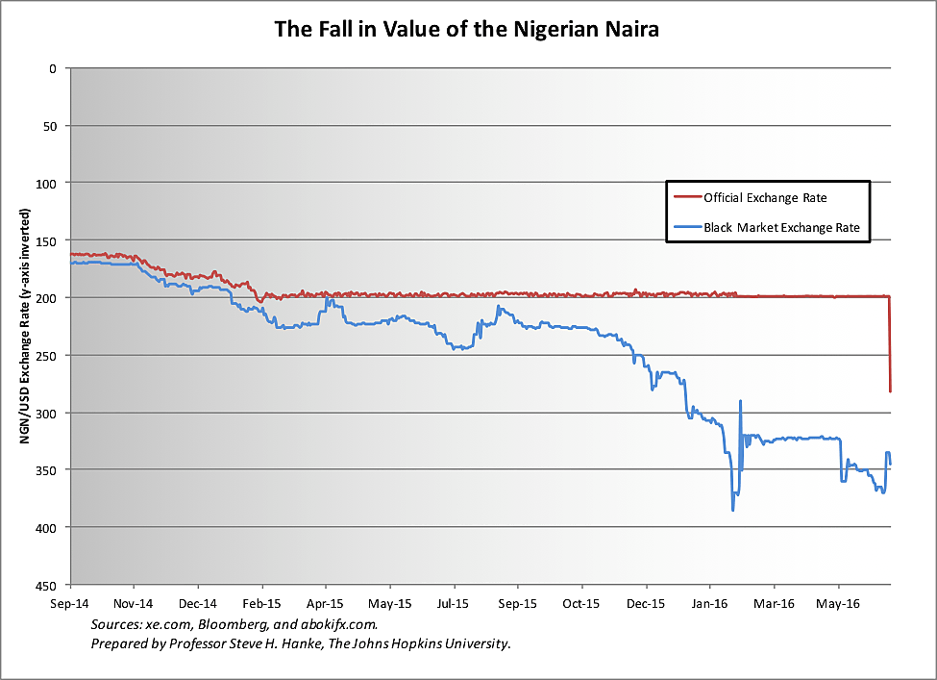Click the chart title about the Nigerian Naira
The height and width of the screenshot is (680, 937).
point(467,29)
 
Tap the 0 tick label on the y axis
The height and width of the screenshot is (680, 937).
point(55,68)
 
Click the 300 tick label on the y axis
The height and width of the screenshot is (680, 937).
point(51,413)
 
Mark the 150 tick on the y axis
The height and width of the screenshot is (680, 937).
point(51,240)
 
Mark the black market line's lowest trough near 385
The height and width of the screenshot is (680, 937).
point(733,510)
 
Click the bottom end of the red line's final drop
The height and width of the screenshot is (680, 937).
point(891,390)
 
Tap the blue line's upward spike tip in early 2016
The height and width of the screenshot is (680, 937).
point(740,401)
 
